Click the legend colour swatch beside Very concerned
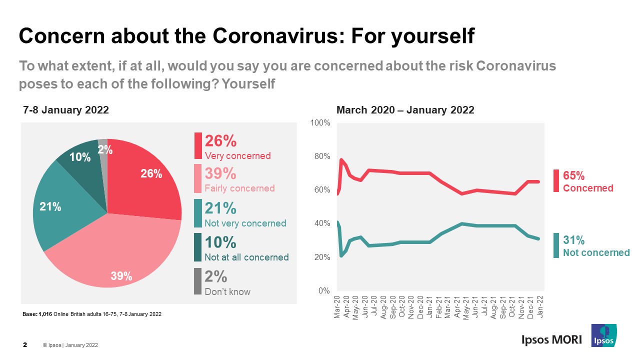click(198, 145)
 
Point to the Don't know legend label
click(227, 291)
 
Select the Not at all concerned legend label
click(246, 257)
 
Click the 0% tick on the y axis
click(324, 291)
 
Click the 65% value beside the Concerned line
click(573, 175)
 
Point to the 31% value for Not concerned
click(573, 240)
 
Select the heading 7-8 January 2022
click(66, 110)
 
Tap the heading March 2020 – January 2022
click(405, 110)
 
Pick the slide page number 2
click(25, 345)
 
